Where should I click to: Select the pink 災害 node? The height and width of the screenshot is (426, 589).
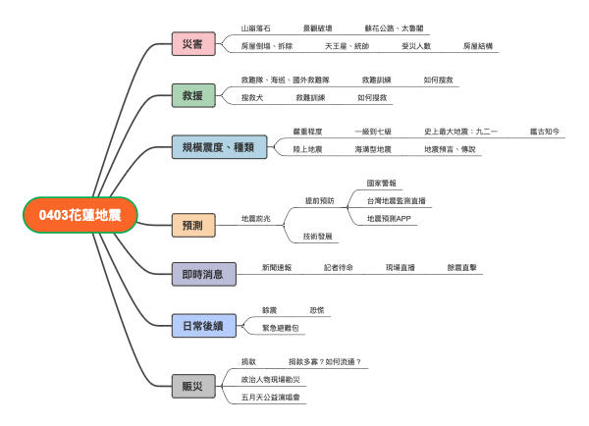[x=192, y=44]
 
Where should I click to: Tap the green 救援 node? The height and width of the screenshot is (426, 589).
[x=192, y=95]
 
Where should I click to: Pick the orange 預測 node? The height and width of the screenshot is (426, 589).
[x=192, y=225]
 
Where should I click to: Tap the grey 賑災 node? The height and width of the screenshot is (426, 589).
[x=192, y=386]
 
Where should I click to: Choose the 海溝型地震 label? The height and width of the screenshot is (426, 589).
[x=373, y=148]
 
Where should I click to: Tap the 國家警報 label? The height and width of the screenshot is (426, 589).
[x=383, y=183]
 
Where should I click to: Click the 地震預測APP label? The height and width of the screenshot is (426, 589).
[x=390, y=218]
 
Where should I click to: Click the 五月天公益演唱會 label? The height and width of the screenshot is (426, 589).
[x=273, y=398]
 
